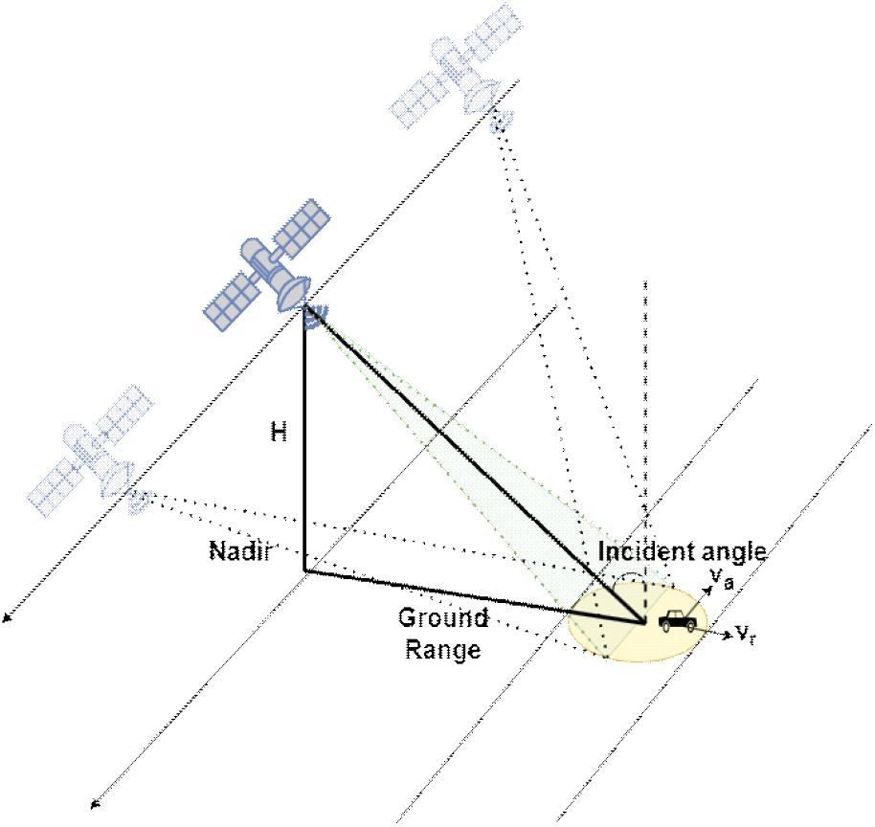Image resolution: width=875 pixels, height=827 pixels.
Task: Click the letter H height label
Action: coord(279,432)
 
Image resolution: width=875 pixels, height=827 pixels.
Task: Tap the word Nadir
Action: coord(240,550)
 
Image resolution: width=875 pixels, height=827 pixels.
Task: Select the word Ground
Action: coord(443,617)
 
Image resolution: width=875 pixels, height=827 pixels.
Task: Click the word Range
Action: coord(443,650)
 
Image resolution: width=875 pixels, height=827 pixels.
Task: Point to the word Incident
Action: coord(645,551)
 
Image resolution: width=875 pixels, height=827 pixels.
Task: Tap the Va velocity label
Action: coord(722,579)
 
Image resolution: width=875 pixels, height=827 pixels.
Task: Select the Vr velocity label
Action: coord(746,635)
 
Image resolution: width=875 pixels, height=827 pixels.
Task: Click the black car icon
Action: coord(678,620)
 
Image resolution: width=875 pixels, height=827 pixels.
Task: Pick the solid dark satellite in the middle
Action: coord(268,264)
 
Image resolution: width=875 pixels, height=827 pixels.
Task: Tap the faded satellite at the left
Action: coord(90,450)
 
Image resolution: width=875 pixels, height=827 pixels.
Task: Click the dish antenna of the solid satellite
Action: coord(294,293)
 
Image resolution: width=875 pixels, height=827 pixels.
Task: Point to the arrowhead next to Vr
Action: coord(728,635)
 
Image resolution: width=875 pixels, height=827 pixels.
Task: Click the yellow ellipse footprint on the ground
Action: coord(638,621)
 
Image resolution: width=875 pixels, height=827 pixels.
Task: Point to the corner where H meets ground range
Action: coord(305,570)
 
